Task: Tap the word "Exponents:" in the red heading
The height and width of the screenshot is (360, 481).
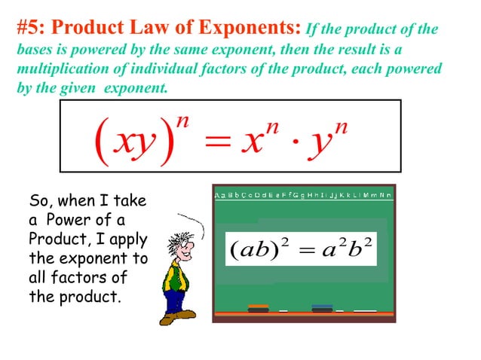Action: coord(249,28)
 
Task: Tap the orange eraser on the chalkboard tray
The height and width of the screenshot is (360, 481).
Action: coord(258,308)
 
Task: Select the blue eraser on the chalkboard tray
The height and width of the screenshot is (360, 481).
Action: coord(322,307)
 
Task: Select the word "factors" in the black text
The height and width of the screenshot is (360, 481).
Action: coord(84,278)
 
